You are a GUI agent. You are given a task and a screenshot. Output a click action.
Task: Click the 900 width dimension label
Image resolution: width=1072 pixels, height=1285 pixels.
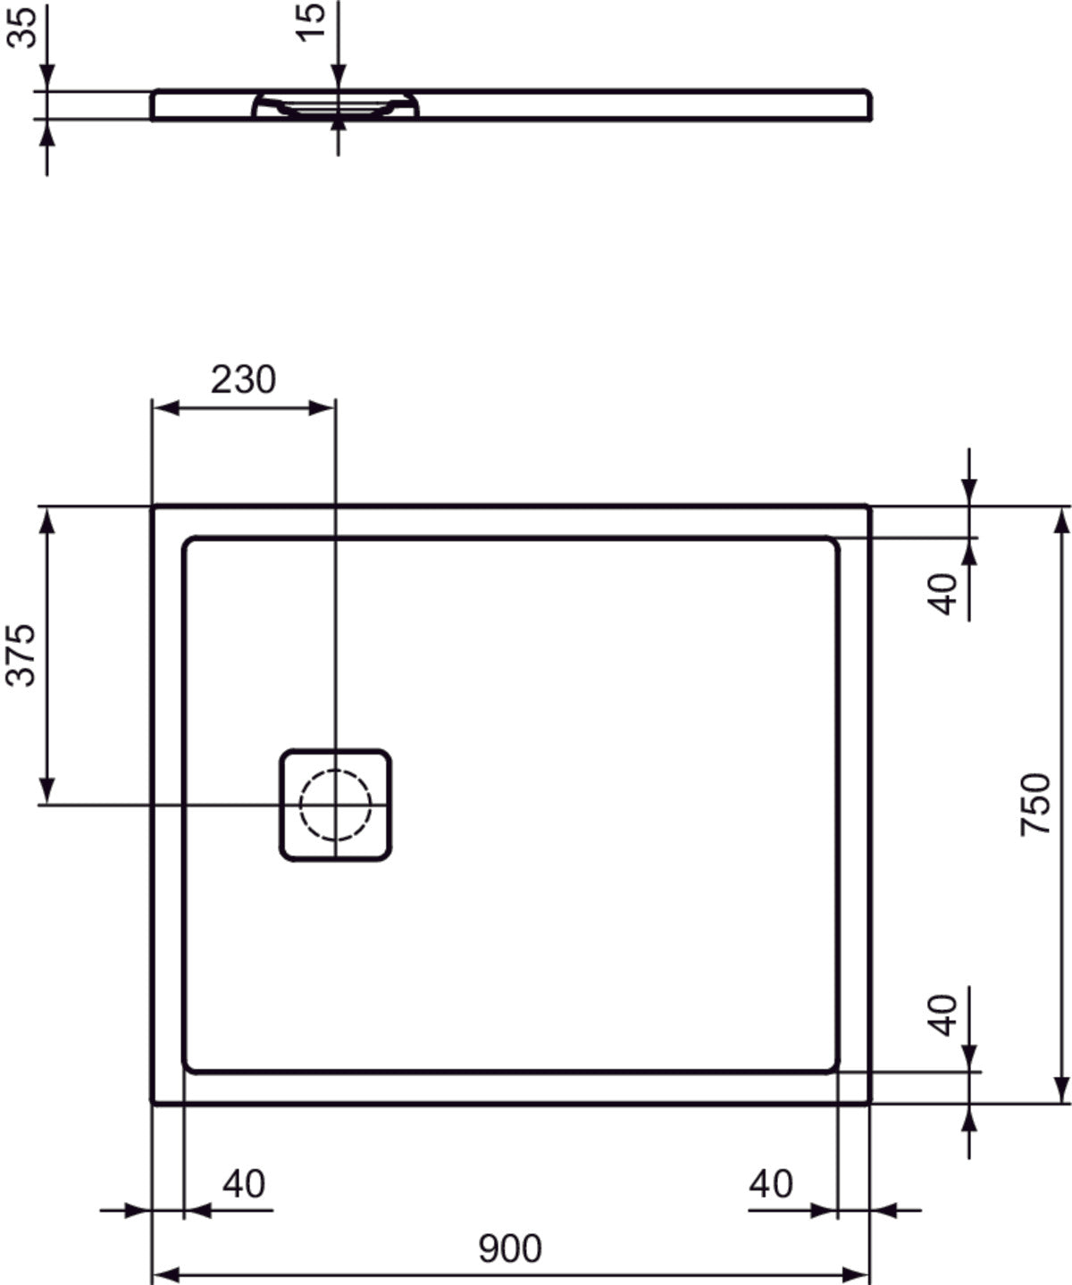(x=510, y=1248)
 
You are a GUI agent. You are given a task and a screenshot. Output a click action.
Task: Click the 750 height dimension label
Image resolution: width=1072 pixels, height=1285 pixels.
(x=1035, y=805)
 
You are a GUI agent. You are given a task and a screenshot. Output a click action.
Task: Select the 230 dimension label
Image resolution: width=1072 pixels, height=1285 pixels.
(x=243, y=380)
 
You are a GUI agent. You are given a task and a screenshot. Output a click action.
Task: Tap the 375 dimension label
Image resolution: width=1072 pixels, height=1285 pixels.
(x=21, y=655)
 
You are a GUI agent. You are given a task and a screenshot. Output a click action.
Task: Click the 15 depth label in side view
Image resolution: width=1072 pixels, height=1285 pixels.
(x=313, y=21)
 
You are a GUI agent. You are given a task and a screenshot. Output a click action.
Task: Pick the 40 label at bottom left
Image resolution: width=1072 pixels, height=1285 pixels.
(x=244, y=1184)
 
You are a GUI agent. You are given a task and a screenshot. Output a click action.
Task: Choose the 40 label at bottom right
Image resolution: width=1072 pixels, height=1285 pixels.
(x=770, y=1184)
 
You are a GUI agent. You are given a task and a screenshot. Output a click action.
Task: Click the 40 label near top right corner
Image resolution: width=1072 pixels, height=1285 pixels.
(x=943, y=594)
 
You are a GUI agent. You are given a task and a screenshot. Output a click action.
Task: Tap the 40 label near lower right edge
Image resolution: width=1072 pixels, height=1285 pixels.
(x=943, y=1014)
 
